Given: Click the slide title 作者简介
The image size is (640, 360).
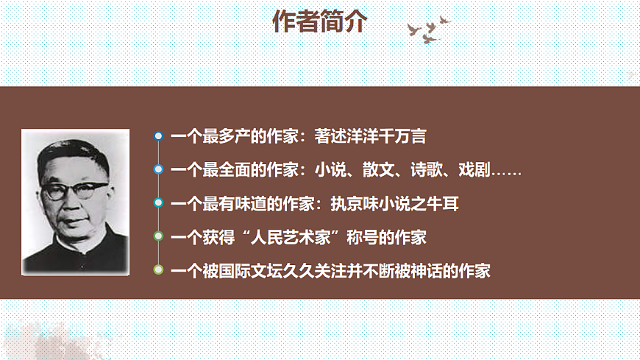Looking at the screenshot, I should click(319, 23).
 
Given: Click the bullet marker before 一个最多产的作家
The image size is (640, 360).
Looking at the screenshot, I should click(158, 136).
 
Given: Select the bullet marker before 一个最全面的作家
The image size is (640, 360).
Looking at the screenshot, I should click(158, 170).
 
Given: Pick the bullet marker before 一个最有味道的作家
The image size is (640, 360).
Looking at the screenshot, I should click(158, 203).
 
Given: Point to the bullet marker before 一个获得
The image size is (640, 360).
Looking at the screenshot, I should click(158, 237).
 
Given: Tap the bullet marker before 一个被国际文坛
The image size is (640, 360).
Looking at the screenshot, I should click(158, 270).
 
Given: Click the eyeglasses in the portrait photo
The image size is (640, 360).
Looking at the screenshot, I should click(74, 191).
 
